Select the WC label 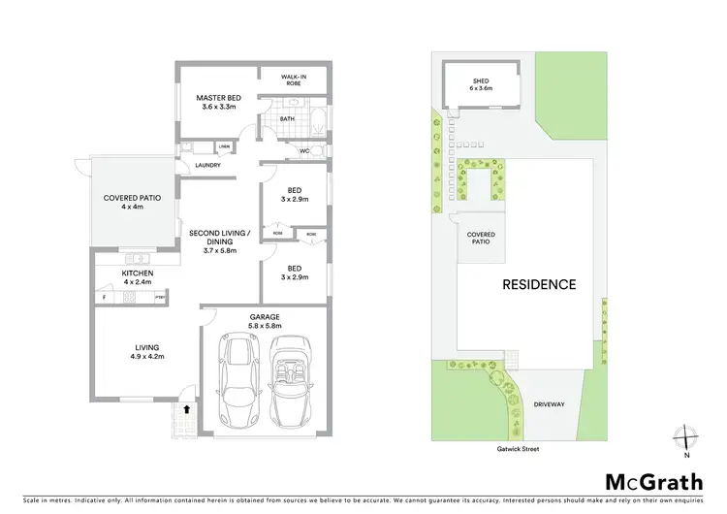coord(303,151)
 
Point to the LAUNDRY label coord(207,165)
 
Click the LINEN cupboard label coord(224,146)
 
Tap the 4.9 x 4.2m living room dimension coord(147,356)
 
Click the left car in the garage coord(237,382)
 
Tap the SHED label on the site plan coord(482,80)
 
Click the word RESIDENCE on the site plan coord(539,285)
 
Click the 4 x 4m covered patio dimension coord(132,207)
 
